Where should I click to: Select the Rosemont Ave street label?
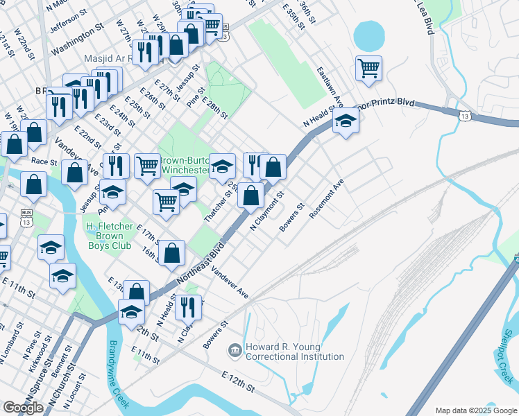coord(327,200)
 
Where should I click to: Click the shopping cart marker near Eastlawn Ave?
coord(368,68)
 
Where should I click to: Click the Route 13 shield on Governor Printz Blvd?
coord(462,114)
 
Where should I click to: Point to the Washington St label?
coord(77,45)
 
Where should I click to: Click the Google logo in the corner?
coord(23,407)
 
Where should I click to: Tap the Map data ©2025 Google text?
coord(475,410)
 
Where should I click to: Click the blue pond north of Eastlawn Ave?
coord(368,35)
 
